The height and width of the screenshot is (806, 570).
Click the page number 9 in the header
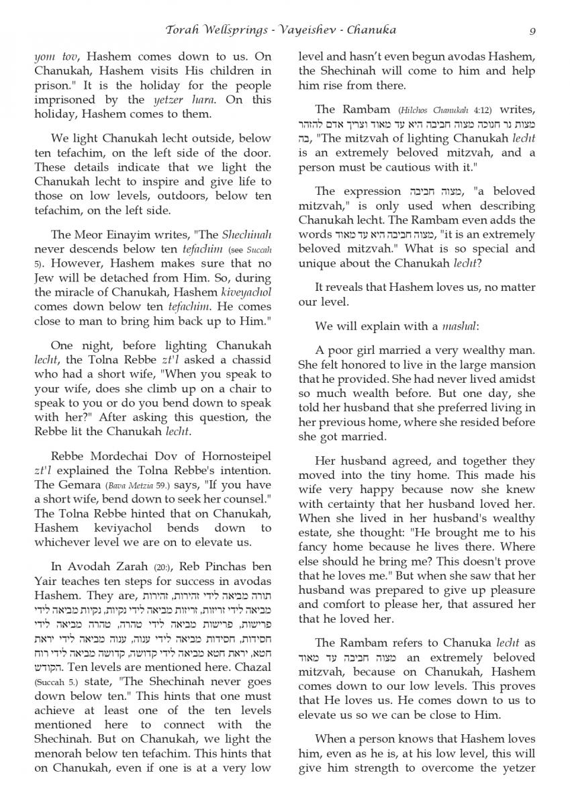pos(532,30)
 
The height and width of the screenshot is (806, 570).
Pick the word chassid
pos(251,359)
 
